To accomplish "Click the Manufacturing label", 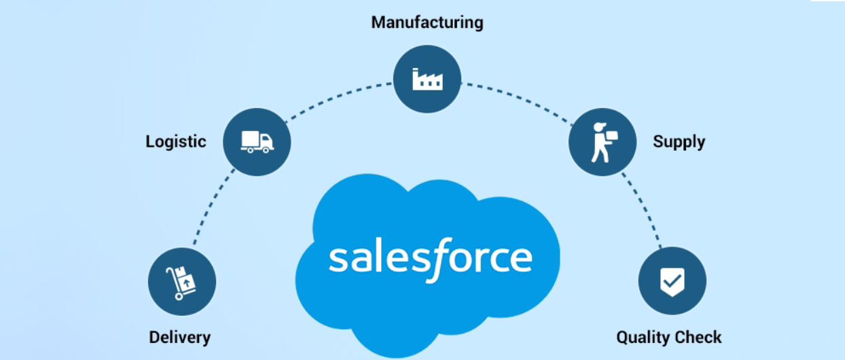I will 427,22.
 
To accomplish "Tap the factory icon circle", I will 427,78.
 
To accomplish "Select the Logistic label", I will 176,141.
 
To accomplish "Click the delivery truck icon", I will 257,141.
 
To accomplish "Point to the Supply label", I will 679,141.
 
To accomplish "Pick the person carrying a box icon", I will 602,142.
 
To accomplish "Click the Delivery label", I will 180,337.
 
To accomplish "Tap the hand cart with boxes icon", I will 181,282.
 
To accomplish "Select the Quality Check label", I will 668,337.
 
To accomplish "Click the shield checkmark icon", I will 672,281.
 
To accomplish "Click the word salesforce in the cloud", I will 431,258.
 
